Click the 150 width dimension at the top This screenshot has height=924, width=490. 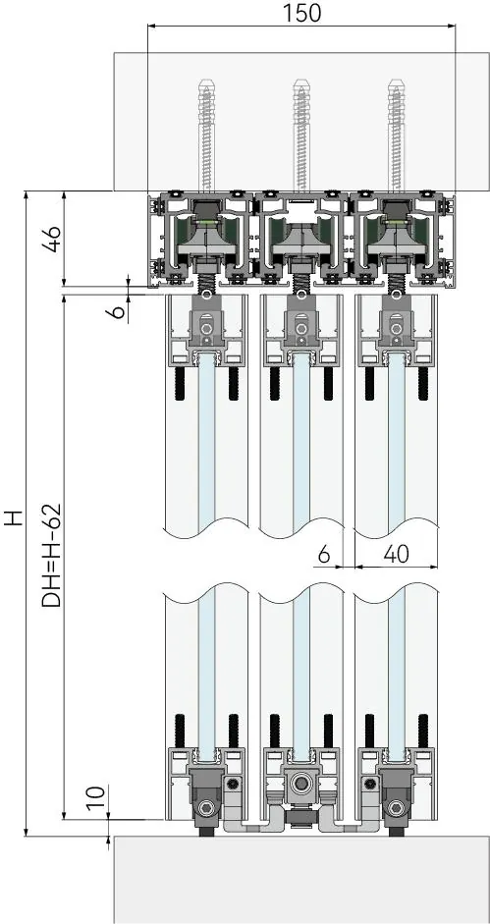(x=301, y=13)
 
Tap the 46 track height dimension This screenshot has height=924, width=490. (x=54, y=239)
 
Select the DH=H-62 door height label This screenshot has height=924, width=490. (x=52, y=555)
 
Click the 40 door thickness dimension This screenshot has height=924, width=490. (x=396, y=554)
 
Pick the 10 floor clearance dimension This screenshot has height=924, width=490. (x=98, y=796)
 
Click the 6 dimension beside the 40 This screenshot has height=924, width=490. (x=324, y=554)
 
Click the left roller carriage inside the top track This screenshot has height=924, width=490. (x=206, y=232)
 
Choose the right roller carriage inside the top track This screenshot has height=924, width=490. (x=396, y=232)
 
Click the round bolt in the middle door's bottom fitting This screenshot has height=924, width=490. (x=301, y=784)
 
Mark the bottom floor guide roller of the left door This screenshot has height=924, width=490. (x=206, y=807)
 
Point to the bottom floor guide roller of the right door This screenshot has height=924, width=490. (x=396, y=807)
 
